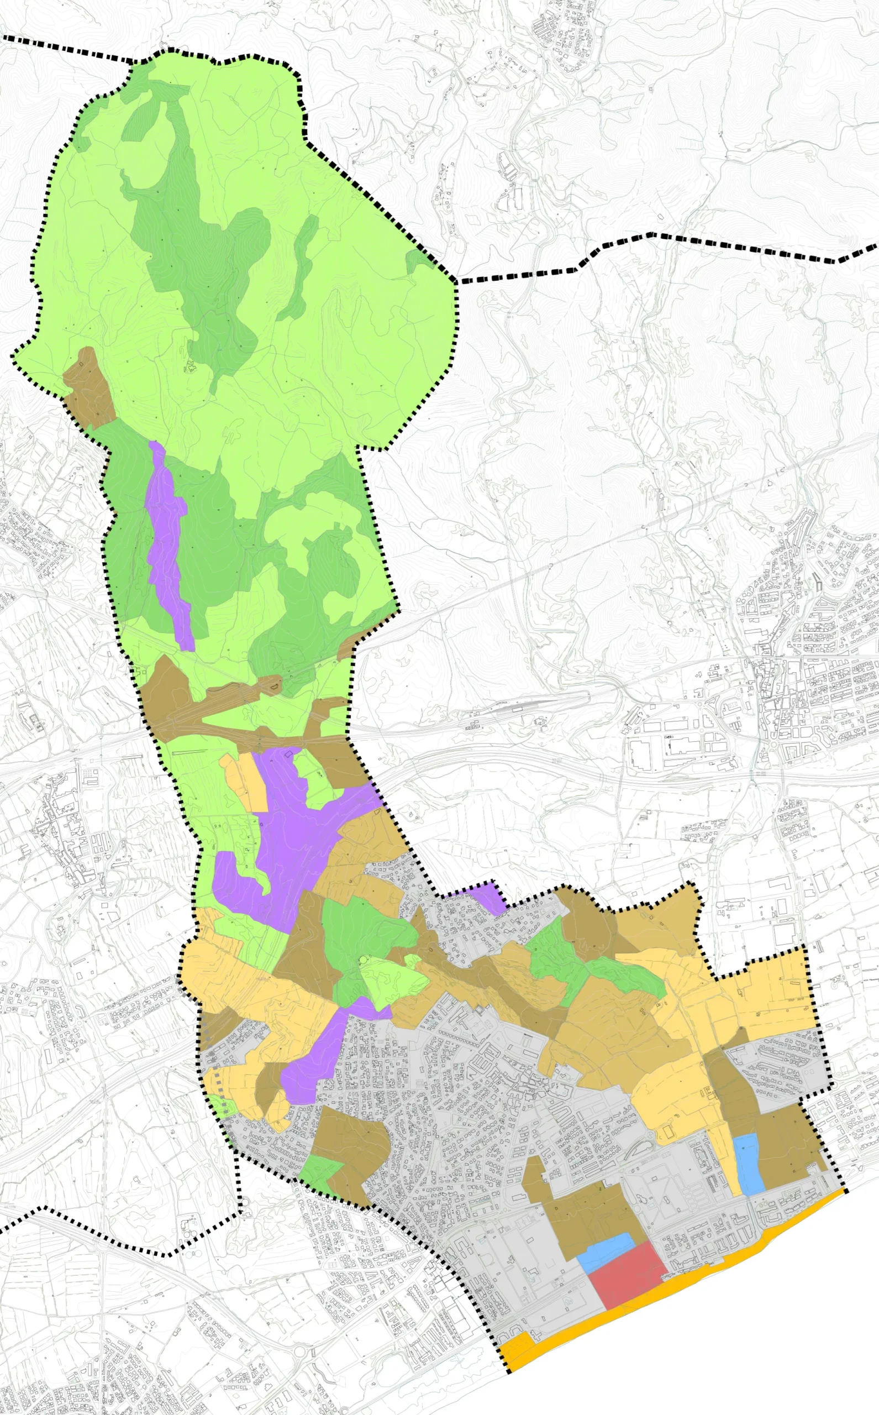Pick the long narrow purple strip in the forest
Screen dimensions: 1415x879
[169, 547]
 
